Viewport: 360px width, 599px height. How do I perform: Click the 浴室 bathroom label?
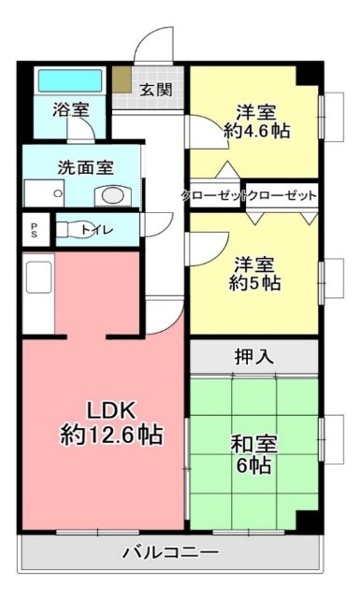tap(71, 108)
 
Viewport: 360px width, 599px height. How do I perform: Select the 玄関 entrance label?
tap(156, 91)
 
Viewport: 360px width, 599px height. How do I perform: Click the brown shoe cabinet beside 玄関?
tap(122, 79)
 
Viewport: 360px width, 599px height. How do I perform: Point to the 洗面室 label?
tap(86, 168)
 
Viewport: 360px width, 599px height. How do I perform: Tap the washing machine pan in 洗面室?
tap(44, 193)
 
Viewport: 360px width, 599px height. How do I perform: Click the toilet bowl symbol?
tap(71, 229)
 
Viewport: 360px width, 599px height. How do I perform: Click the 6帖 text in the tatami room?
tap(254, 465)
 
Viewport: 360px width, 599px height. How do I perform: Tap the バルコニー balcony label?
tap(170, 551)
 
